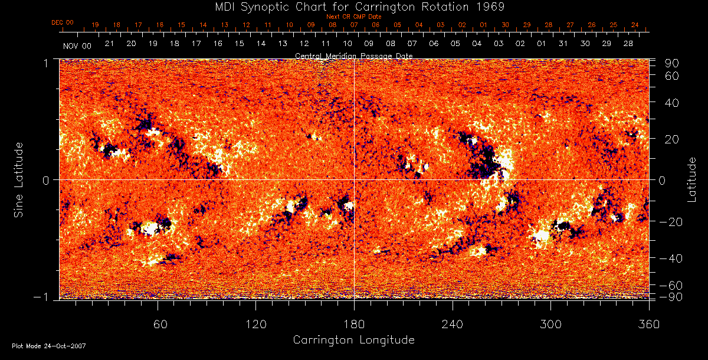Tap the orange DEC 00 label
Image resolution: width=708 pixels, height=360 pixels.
[x=63, y=22]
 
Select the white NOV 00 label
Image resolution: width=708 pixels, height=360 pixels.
[x=77, y=45]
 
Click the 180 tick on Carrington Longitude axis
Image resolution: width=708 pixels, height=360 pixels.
[x=354, y=323]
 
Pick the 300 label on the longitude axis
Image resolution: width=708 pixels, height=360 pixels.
[x=550, y=323]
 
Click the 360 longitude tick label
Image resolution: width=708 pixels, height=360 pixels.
[x=649, y=323]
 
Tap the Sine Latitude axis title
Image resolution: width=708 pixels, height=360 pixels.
[x=19, y=179]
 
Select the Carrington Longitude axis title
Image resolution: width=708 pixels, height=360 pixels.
[x=353, y=340]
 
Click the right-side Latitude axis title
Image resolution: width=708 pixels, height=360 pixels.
[x=692, y=179]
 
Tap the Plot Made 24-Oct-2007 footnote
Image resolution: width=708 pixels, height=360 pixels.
[x=49, y=346]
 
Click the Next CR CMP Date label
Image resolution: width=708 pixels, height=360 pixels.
[x=354, y=17]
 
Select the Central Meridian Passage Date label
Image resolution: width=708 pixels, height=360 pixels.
[x=354, y=55]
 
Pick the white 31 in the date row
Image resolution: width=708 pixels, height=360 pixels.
[x=563, y=44]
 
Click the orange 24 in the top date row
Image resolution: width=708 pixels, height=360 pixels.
[x=635, y=25]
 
